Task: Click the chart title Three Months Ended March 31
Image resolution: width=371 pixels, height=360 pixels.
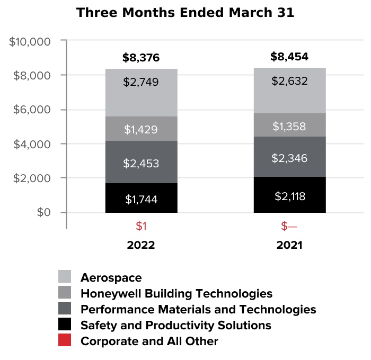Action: [x=185, y=13]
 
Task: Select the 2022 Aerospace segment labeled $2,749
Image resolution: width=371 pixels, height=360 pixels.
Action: [x=141, y=92]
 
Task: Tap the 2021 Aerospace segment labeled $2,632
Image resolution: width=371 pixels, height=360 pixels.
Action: [x=289, y=90]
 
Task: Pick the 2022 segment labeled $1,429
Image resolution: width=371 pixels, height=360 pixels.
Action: [x=141, y=129]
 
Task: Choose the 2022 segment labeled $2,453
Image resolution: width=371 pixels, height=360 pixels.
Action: [x=141, y=162]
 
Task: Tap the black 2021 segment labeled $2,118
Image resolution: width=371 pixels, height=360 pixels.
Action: [x=289, y=195]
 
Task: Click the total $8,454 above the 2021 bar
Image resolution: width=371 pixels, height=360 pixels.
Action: [x=289, y=57]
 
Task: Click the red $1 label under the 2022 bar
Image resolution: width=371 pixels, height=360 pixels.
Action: [x=141, y=227]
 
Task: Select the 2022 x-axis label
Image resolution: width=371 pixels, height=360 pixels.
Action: [x=141, y=246]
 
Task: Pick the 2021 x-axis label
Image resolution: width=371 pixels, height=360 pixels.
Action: [x=289, y=246]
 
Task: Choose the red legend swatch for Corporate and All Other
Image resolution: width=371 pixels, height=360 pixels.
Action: [x=65, y=341]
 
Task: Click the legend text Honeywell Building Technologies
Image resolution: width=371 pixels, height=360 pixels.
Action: [x=176, y=293]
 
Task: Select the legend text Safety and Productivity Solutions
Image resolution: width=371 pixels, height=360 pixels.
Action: [x=175, y=325]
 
